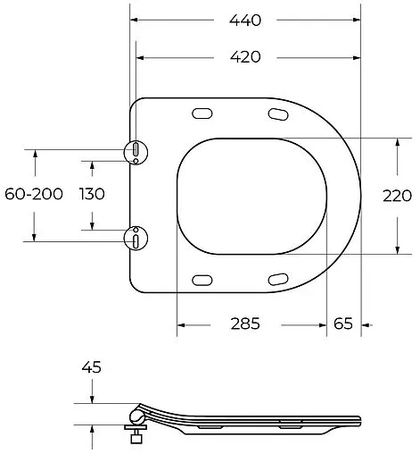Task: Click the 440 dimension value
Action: [246, 19]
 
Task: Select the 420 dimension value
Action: [246, 57]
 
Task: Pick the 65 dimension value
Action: [343, 324]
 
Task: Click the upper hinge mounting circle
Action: [134, 153]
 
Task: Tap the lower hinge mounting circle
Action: [134, 238]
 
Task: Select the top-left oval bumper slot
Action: [202, 113]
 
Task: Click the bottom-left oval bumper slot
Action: [202, 279]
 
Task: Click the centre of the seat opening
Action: [251, 196]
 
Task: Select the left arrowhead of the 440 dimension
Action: [134, 19]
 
